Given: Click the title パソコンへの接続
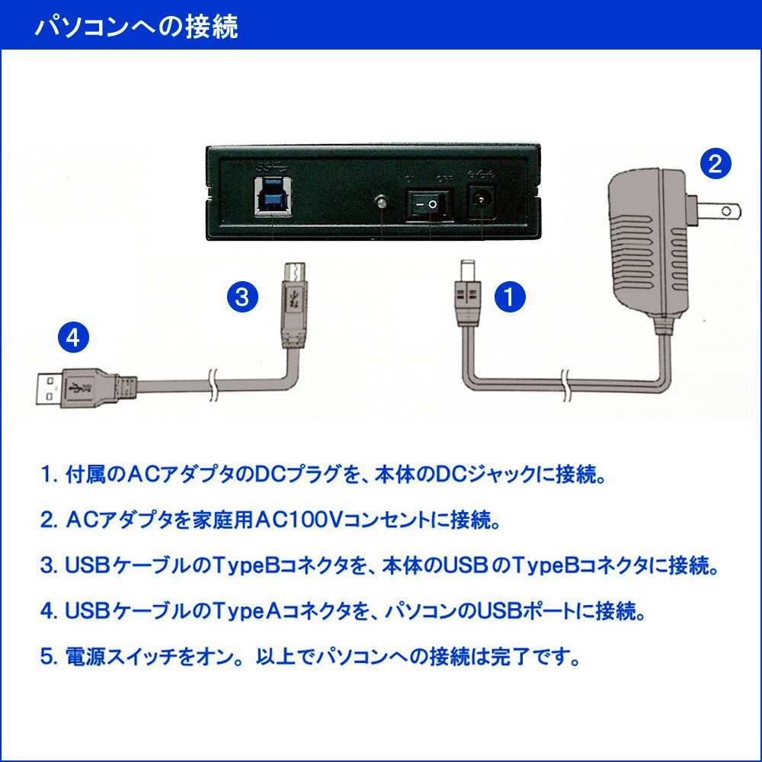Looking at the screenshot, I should point(137,26).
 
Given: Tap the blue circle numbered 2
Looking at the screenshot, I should point(716,163).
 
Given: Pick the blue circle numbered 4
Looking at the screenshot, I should point(72,337).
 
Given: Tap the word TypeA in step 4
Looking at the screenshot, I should point(238,611).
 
